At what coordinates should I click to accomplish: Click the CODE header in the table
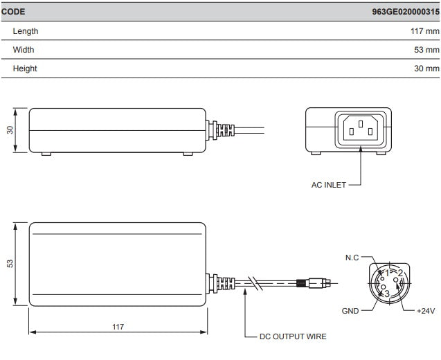14,12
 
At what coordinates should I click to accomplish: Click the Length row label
26,31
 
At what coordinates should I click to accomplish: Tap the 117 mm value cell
424,31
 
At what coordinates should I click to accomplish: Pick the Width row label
23,50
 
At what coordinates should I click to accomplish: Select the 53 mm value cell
426,50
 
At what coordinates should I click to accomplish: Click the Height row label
25,69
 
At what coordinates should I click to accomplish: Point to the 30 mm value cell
426,69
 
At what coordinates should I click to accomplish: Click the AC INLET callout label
328,185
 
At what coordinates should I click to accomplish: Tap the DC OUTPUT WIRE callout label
292,336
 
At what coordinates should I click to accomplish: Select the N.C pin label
352,258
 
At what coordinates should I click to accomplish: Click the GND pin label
350,311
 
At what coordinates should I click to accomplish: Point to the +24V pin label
424,311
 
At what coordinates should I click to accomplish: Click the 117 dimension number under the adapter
118,326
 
